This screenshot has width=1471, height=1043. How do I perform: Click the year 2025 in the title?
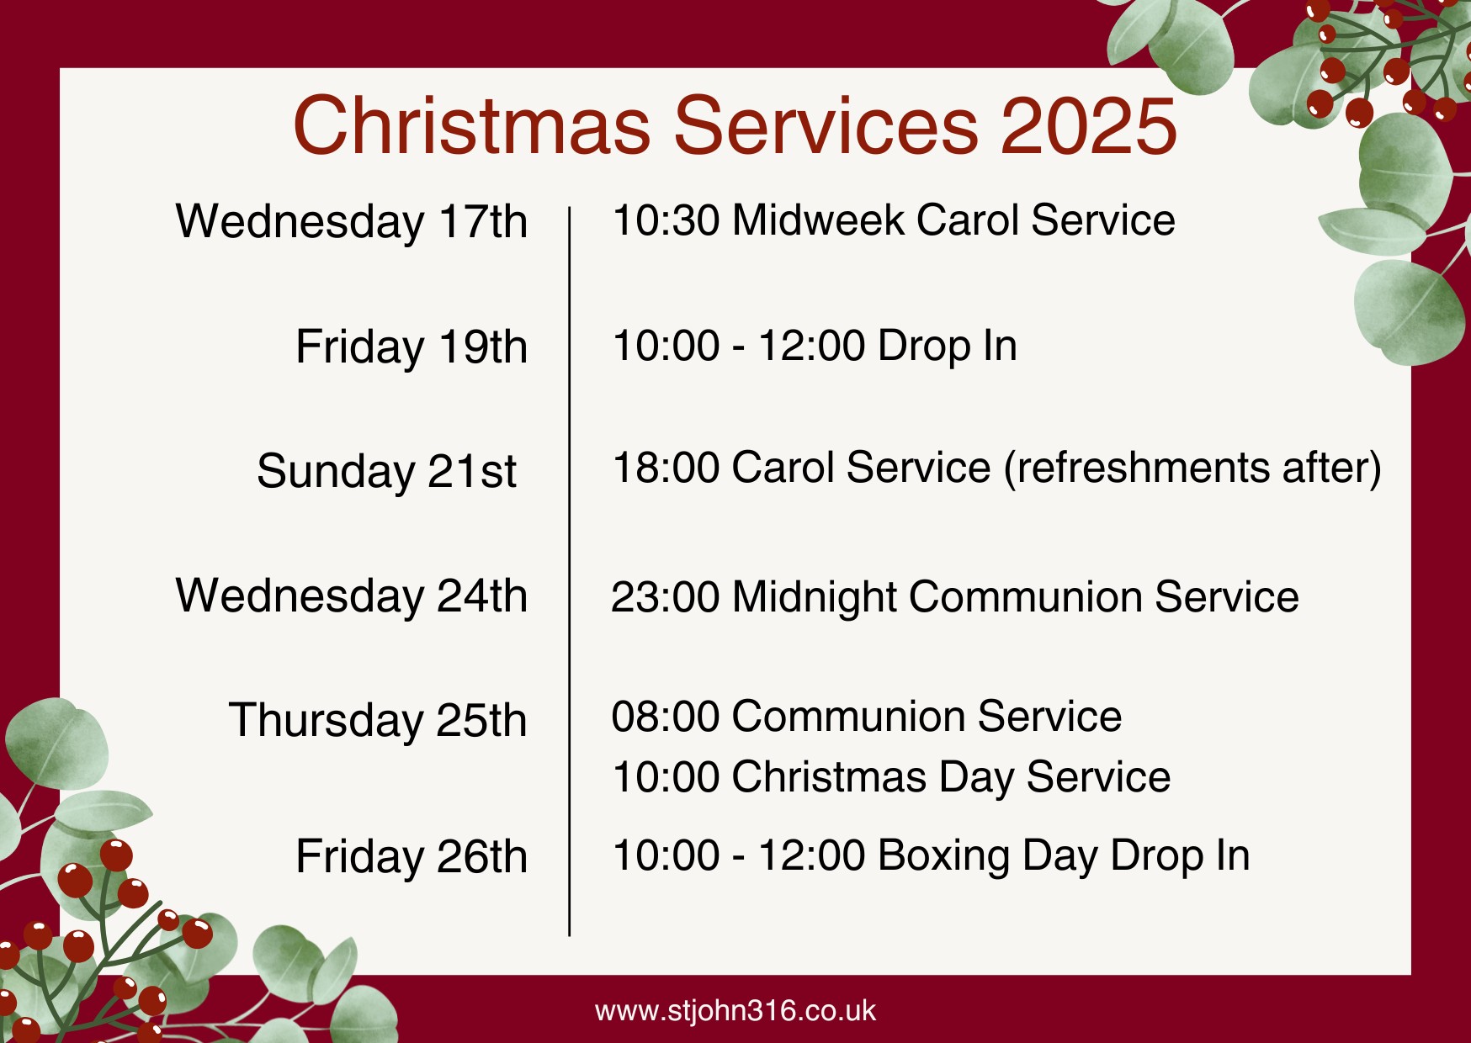(x=1089, y=125)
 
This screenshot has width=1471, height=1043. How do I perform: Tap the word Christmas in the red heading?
(x=472, y=125)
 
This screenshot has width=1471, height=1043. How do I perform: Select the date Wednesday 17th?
(x=352, y=222)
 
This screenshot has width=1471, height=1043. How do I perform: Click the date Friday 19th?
(x=412, y=347)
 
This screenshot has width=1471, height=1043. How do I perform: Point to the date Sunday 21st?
(x=387, y=471)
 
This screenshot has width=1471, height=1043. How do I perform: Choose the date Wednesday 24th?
(x=352, y=596)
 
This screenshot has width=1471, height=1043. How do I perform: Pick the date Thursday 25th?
(x=378, y=721)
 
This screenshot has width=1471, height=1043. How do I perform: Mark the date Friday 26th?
(x=412, y=857)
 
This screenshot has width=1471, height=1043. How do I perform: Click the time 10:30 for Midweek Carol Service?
(x=666, y=220)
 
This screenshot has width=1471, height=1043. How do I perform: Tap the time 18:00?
(x=666, y=468)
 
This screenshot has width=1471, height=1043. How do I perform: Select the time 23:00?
(x=666, y=597)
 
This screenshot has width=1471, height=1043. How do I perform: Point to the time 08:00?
(x=666, y=717)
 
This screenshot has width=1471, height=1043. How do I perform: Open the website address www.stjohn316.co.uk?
(x=735, y=1010)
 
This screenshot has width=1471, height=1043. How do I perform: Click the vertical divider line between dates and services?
(x=570, y=571)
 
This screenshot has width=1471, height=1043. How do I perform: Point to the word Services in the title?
(x=826, y=125)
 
